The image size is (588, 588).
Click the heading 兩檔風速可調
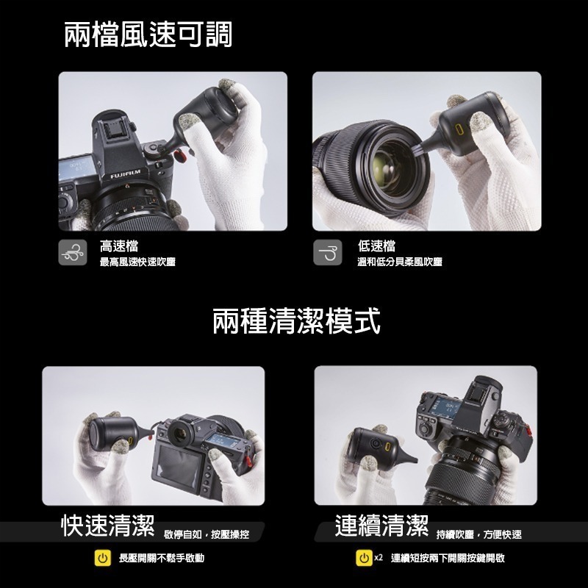(x=148, y=35)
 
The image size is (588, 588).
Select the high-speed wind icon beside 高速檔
(x=72, y=252)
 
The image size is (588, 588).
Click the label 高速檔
(x=119, y=246)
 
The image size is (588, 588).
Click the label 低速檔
(x=376, y=246)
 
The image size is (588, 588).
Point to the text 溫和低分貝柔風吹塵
(x=400, y=262)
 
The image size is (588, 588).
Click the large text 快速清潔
(x=107, y=526)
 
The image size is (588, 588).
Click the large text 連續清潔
(x=381, y=526)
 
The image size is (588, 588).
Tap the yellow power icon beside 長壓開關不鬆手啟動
(x=104, y=559)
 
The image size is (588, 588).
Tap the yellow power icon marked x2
(x=364, y=559)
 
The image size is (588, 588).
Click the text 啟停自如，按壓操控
(x=207, y=534)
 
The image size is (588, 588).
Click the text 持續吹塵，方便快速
(x=478, y=534)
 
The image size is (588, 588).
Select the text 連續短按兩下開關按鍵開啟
(x=448, y=559)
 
